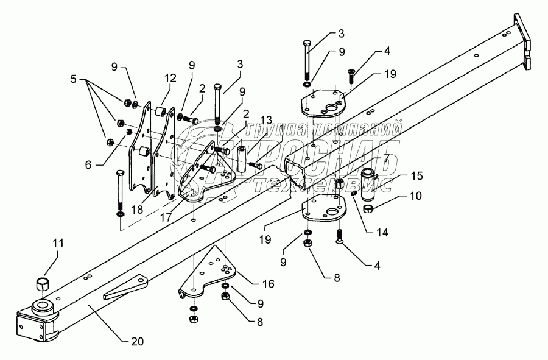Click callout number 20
138,342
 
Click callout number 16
268,283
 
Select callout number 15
416,176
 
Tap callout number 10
415,196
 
